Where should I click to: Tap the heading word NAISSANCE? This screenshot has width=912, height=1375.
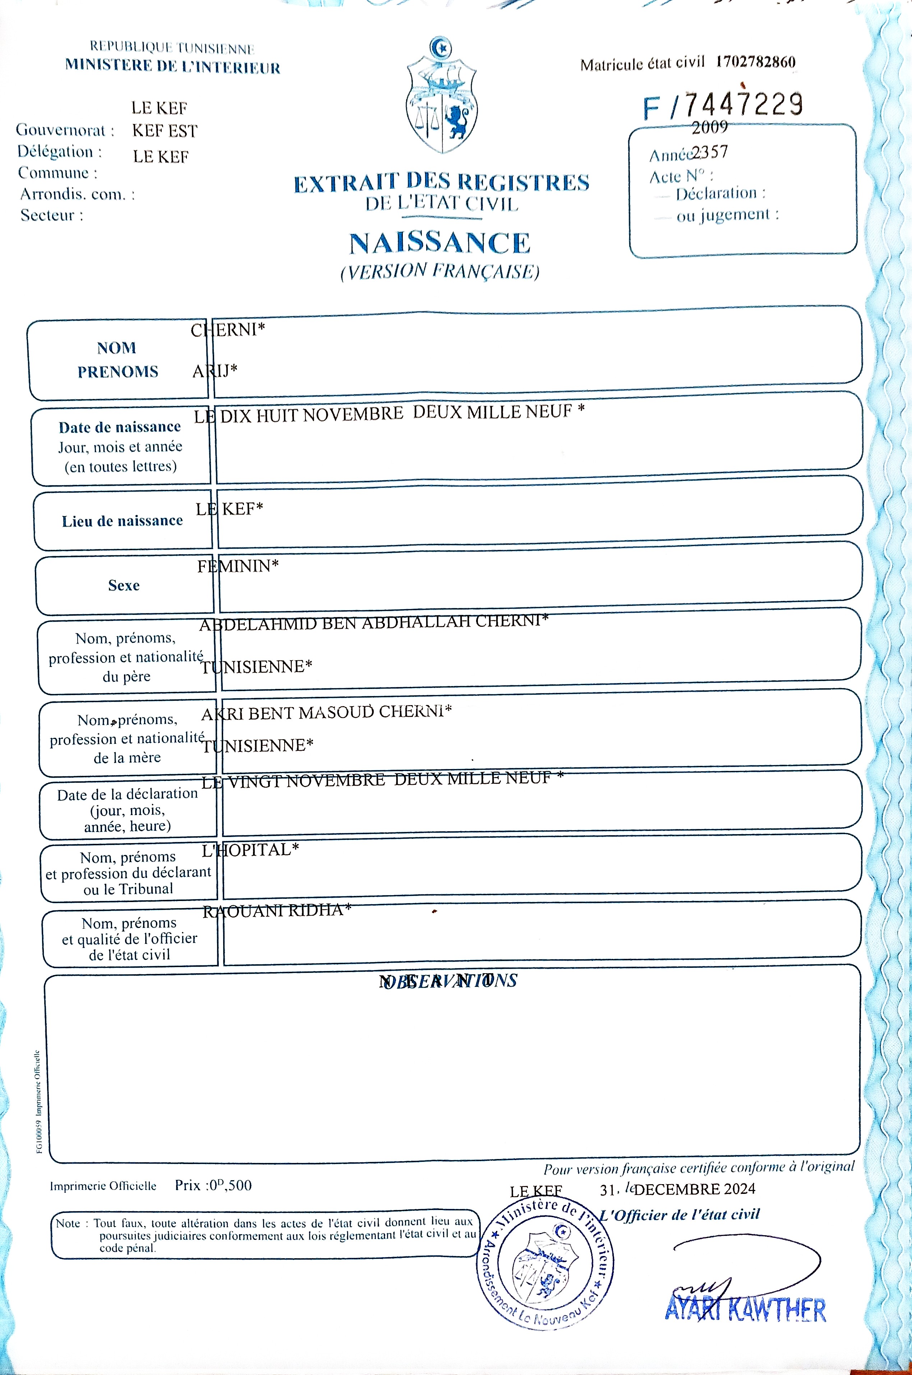[x=440, y=243]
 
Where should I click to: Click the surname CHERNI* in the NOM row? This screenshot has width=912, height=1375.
[x=228, y=330]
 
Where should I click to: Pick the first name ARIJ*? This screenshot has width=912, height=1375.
[x=215, y=371]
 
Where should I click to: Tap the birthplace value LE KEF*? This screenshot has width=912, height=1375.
[x=229, y=509]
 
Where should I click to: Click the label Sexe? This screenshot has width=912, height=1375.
[x=124, y=585]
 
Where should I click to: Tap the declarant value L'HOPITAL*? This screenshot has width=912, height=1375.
[x=250, y=850]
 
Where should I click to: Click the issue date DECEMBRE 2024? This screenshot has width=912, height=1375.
[x=695, y=1189]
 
